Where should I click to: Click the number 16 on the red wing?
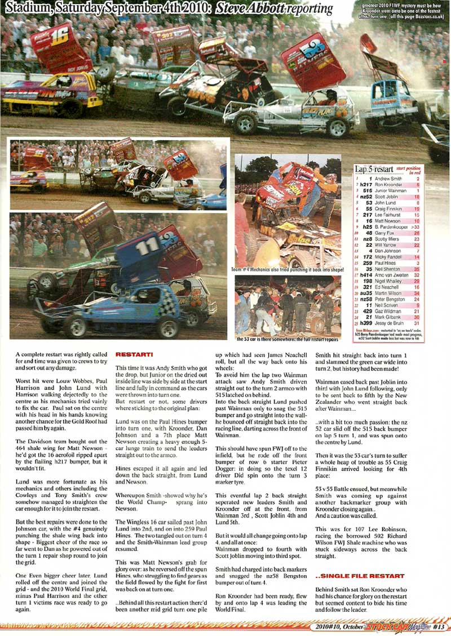pyautogui.click(x=59, y=37)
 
